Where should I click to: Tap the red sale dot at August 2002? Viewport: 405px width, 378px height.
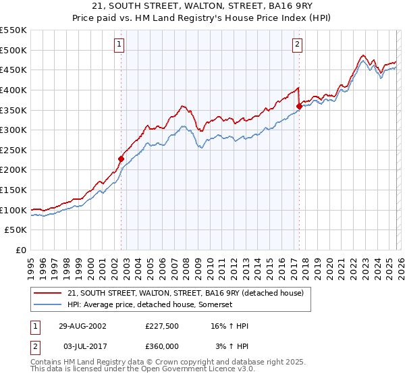(122, 159)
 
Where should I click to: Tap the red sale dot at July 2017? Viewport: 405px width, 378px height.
(299, 106)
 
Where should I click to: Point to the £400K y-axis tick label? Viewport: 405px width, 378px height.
(13, 90)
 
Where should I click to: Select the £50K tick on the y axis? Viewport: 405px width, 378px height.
(16, 230)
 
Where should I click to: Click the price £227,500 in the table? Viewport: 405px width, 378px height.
(162, 326)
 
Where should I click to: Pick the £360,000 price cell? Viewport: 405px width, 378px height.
(162, 346)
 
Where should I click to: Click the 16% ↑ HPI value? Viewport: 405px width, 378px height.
(230, 326)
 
